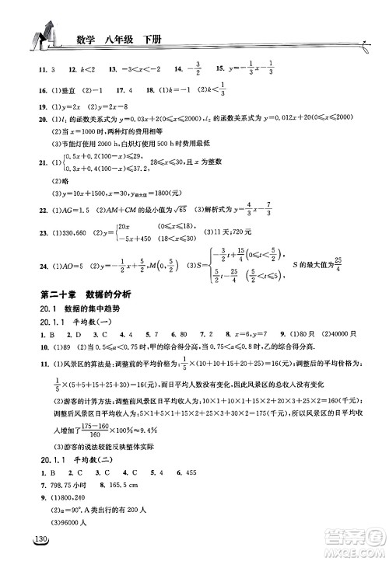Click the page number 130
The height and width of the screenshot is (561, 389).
(39, 542)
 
